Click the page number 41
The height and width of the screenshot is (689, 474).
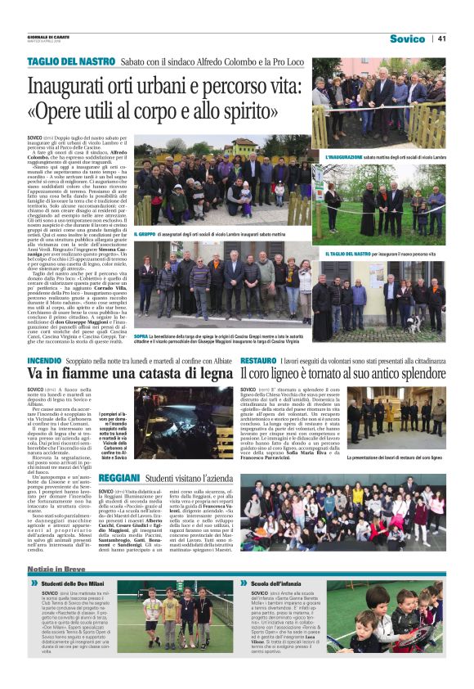coord(441,38)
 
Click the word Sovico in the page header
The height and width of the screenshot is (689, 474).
coord(407,38)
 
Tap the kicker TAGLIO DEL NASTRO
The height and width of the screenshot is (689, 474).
coord(70,61)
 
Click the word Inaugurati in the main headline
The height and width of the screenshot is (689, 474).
coord(75,86)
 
